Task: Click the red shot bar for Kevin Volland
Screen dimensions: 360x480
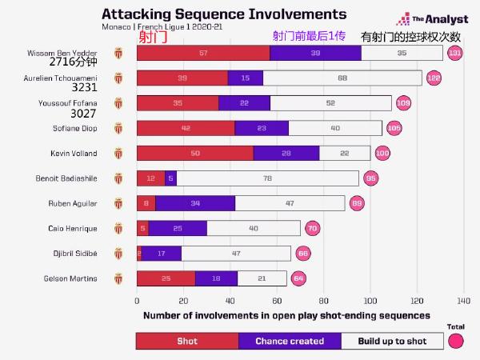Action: [195, 154]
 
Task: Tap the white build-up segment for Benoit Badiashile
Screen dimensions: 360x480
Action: [268, 178]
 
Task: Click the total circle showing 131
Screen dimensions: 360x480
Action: [455, 54]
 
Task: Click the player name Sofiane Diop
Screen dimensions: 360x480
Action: [75, 128]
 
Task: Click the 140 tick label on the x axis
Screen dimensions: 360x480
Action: [463, 302]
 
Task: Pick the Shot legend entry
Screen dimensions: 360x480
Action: [187, 341]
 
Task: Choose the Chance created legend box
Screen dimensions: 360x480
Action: [290, 341]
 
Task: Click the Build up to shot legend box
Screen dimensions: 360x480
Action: [391, 341]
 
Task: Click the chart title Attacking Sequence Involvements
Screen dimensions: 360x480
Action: [225, 14]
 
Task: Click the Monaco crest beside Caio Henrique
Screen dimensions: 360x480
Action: [119, 228]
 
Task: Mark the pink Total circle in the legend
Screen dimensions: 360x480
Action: [456, 341]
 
